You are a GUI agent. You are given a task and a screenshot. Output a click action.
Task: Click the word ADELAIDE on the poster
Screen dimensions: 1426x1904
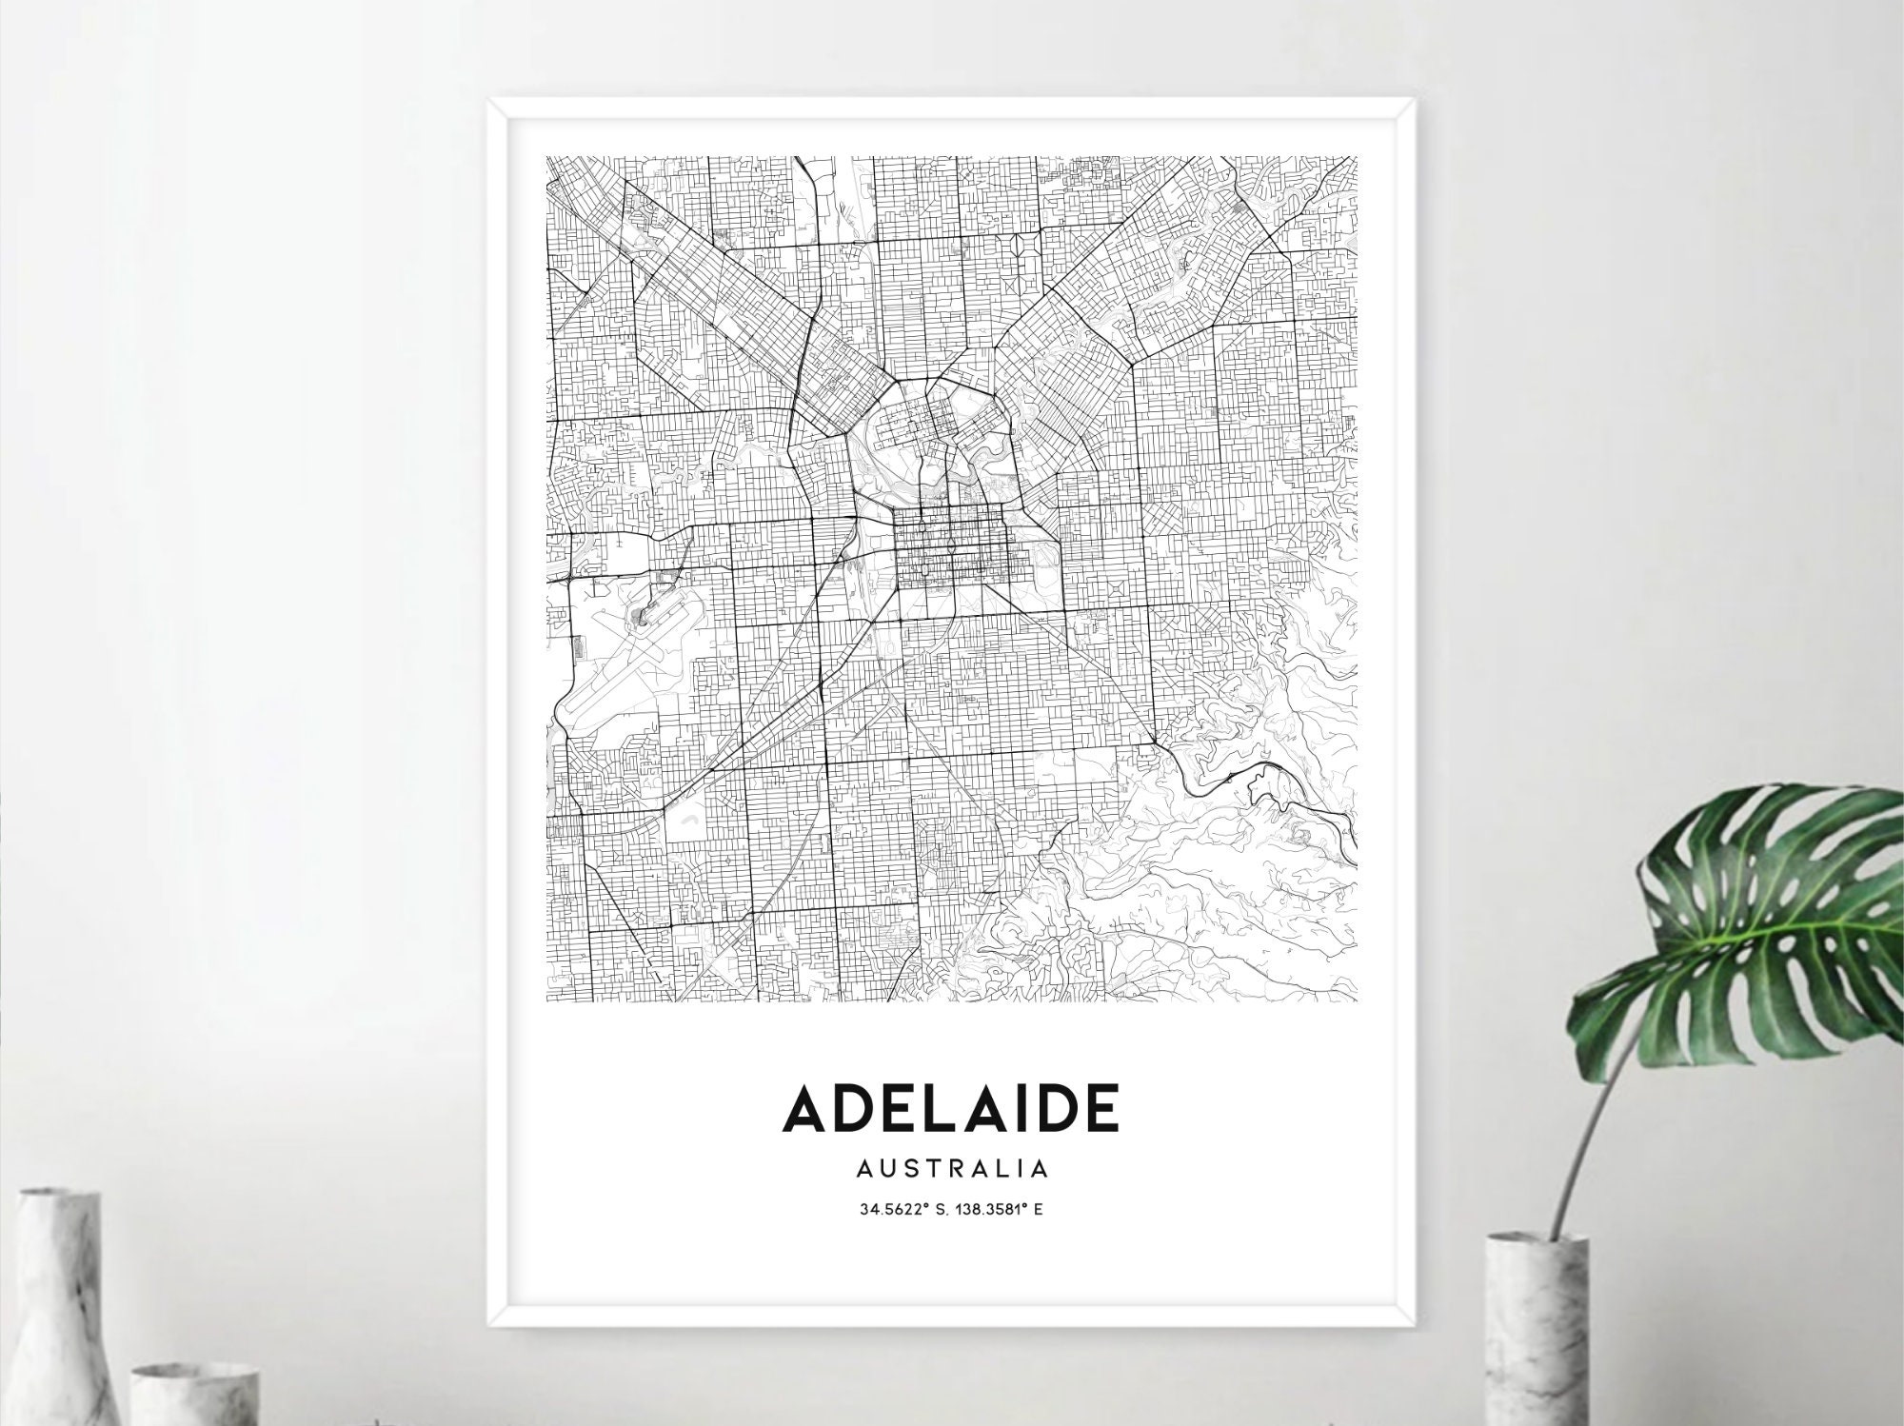[950, 1108]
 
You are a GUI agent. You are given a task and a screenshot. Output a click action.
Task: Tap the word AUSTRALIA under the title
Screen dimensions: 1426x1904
[951, 1167]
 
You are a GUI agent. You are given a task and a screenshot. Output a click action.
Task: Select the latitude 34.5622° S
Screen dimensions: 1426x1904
[902, 1211]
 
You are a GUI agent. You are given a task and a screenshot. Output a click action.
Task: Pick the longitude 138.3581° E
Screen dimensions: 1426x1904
[999, 1211]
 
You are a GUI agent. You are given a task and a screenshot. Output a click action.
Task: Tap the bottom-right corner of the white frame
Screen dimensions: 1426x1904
[1413, 1325]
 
